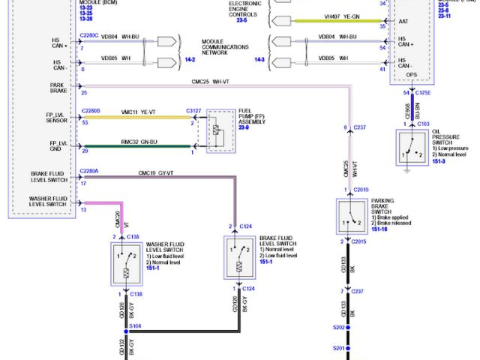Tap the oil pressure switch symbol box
click(409, 148)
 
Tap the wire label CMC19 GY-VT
click(156, 173)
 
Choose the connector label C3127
click(194, 112)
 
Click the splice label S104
click(135, 327)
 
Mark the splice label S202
click(339, 328)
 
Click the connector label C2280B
click(89, 111)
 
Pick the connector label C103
click(423, 123)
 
